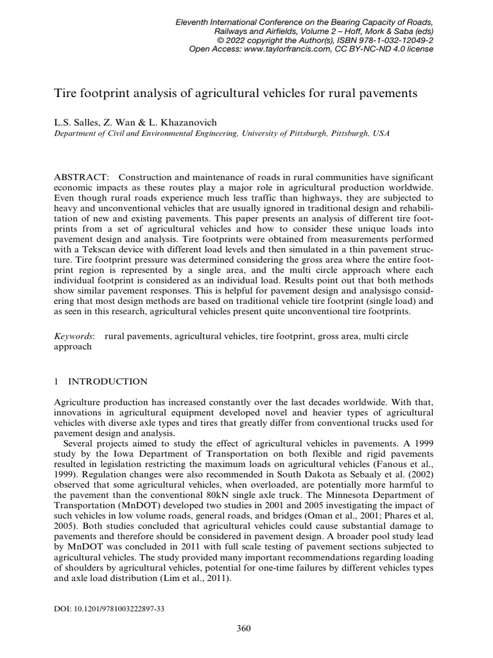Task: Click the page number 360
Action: tap(243, 628)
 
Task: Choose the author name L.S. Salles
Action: tap(77, 121)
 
